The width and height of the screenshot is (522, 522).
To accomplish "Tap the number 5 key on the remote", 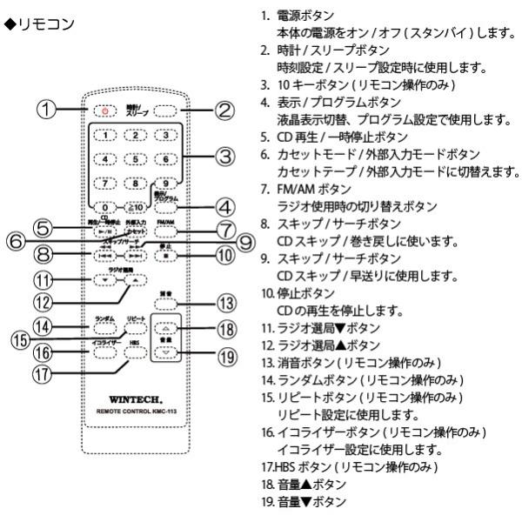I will point(134,159).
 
